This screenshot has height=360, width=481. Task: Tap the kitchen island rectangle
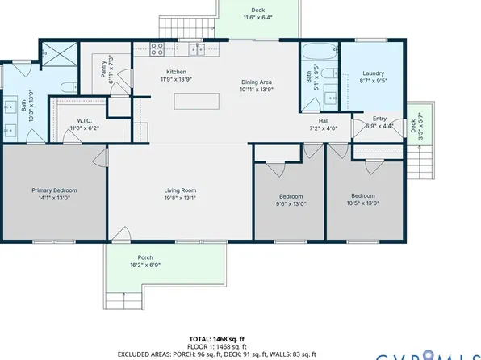click(x=197, y=101)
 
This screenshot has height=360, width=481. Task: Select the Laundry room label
click(x=372, y=73)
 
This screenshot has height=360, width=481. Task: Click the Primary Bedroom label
click(x=53, y=190)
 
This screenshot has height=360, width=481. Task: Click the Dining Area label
click(x=256, y=82)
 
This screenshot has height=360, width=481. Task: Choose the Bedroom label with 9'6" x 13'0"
click(x=291, y=196)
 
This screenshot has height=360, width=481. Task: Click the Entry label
click(x=379, y=119)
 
